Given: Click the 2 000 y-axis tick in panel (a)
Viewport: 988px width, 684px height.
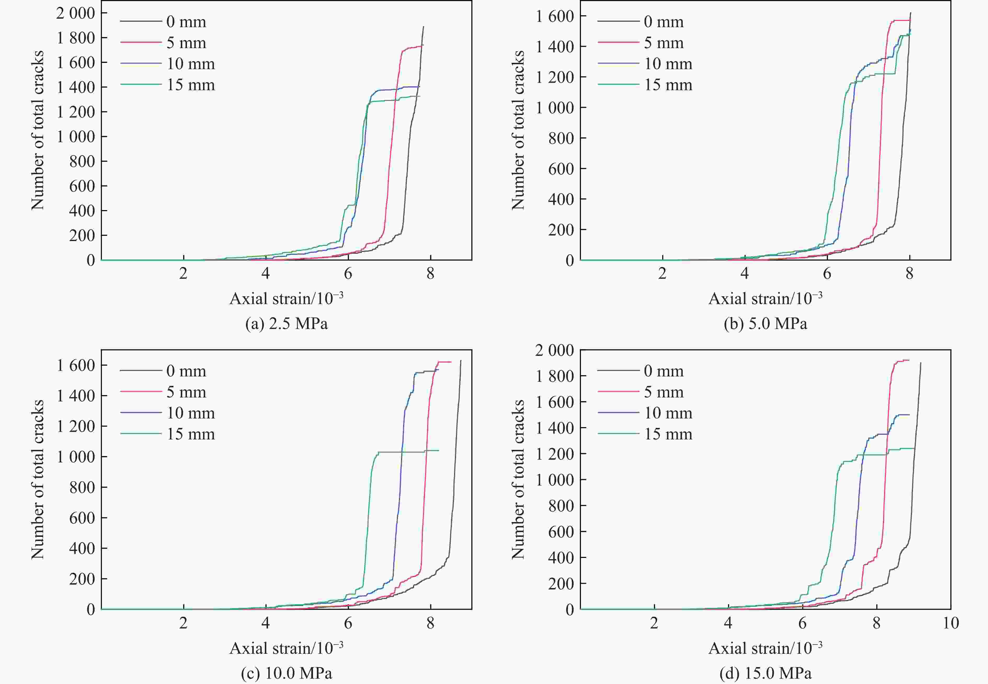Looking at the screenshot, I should pos(76,13).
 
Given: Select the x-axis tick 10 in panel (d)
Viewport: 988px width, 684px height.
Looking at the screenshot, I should pos(951,623).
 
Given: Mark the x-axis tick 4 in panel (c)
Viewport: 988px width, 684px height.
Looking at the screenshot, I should pos(266,623).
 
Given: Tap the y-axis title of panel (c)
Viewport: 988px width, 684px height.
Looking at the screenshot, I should pos(38,479).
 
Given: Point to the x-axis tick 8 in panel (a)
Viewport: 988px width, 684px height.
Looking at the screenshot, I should pos(430,273).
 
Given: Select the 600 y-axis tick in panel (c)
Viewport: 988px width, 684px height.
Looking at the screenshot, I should pos(82,518).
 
